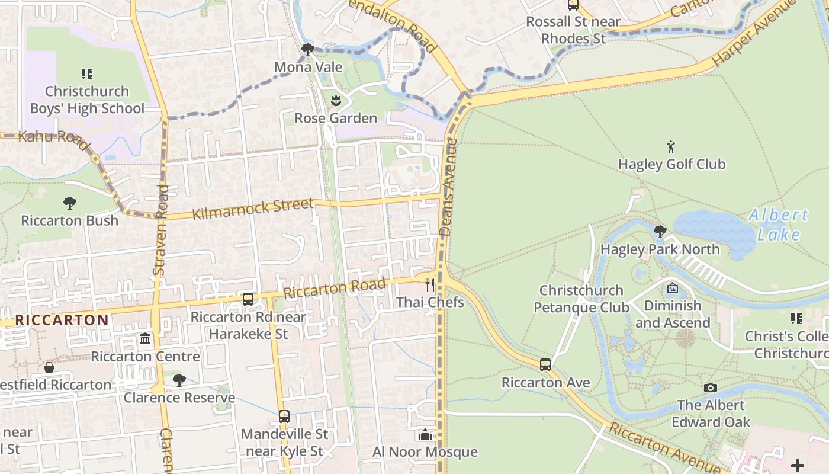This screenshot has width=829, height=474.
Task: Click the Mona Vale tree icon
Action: [307, 50]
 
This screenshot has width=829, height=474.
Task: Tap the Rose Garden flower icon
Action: [336, 101]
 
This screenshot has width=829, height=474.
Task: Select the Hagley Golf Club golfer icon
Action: [671, 146]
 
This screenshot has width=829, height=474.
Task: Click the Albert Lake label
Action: [778, 225]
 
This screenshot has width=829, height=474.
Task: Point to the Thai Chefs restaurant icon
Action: [430, 285]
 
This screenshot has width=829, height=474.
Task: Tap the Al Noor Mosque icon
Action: [425, 435]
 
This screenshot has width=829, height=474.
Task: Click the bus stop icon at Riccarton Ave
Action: [545, 365]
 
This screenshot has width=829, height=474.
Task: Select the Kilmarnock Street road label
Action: [253, 209]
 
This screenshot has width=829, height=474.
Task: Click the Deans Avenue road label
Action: [448, 187]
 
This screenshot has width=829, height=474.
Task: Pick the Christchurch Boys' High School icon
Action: [87, 74]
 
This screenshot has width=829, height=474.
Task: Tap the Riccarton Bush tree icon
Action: [70, 203]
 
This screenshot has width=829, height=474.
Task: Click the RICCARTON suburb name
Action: [62, 321]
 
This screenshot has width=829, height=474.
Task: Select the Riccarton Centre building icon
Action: [145, 339]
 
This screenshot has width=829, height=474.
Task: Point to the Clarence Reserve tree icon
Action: [179, 380]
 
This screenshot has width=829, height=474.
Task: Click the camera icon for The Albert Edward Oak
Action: [711, 388]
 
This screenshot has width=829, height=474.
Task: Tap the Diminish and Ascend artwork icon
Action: [673, 289]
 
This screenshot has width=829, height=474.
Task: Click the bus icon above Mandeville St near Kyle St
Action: [284, 417]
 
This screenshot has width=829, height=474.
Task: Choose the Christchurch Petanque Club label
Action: [581, 299]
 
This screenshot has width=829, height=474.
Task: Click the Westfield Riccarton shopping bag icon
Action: [49, 368]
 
